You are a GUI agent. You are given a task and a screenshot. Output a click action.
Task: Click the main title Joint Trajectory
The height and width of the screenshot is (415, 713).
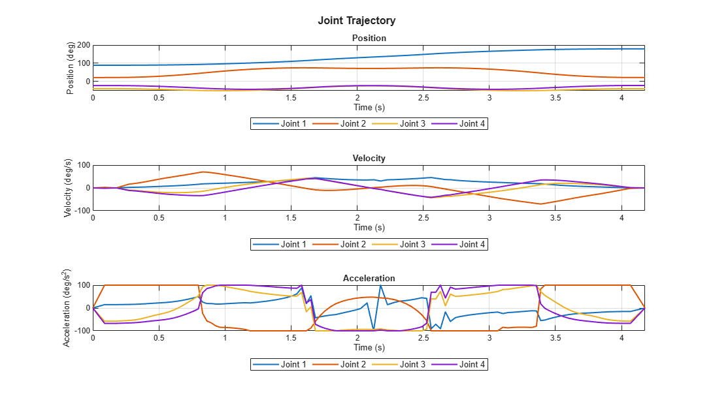(x=356, y=21)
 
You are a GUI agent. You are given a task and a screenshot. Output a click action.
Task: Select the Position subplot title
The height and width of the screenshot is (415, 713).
(x=369, y=38)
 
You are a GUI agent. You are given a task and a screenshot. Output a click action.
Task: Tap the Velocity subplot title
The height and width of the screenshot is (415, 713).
(x=369, y=158)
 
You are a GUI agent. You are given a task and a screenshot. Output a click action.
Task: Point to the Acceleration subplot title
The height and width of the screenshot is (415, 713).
(x=369, y=278)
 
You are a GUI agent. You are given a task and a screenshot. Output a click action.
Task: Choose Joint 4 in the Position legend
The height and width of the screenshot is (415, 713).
(x=472, y=124)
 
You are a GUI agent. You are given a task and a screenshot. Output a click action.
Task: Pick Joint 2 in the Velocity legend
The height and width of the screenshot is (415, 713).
(x=353, y=244)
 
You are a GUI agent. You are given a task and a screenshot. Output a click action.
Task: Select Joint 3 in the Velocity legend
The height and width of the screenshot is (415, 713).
(x=412, y=244)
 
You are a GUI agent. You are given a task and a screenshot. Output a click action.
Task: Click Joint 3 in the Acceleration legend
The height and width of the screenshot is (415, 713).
(x=412, y=364)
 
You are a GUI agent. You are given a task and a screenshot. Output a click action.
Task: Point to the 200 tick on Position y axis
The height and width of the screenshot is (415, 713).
(x=83, y=45)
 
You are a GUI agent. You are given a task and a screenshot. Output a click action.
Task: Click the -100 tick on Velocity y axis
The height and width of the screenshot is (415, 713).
(x=82, y=211)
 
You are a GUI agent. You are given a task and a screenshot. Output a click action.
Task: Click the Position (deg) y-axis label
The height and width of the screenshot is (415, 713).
(x=71, y=68)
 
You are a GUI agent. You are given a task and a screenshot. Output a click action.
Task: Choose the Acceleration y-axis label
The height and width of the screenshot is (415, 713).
(x=68, y=307)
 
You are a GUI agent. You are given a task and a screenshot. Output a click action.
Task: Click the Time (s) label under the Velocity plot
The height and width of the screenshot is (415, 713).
(x=369, y=227)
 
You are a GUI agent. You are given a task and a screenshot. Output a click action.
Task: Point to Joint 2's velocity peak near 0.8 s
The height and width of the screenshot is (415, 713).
(x=203, y=172)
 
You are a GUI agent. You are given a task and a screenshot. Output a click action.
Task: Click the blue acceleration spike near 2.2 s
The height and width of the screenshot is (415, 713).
(x=380, y=286)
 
